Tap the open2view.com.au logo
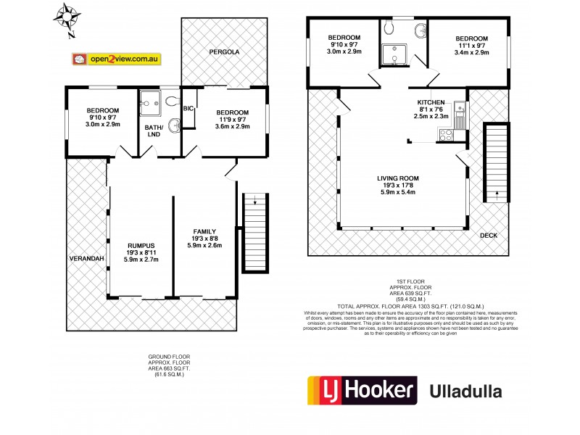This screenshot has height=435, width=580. point(116,59)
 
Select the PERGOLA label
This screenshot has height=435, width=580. point(225,52)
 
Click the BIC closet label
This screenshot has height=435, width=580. point(188,108)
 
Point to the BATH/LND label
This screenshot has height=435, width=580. point(154,131)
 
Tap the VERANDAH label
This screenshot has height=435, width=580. point(87,259)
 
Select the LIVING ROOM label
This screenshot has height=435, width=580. point(398,178)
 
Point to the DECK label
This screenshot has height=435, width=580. point(489,236)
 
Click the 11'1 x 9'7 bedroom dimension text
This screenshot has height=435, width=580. point(471,45)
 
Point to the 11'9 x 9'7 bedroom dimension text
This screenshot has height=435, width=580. point(232,120)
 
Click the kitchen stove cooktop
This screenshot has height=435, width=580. point(444,132)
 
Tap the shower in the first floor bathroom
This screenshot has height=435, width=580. point(396,54)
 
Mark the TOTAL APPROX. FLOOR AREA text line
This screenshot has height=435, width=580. point(410,306)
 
